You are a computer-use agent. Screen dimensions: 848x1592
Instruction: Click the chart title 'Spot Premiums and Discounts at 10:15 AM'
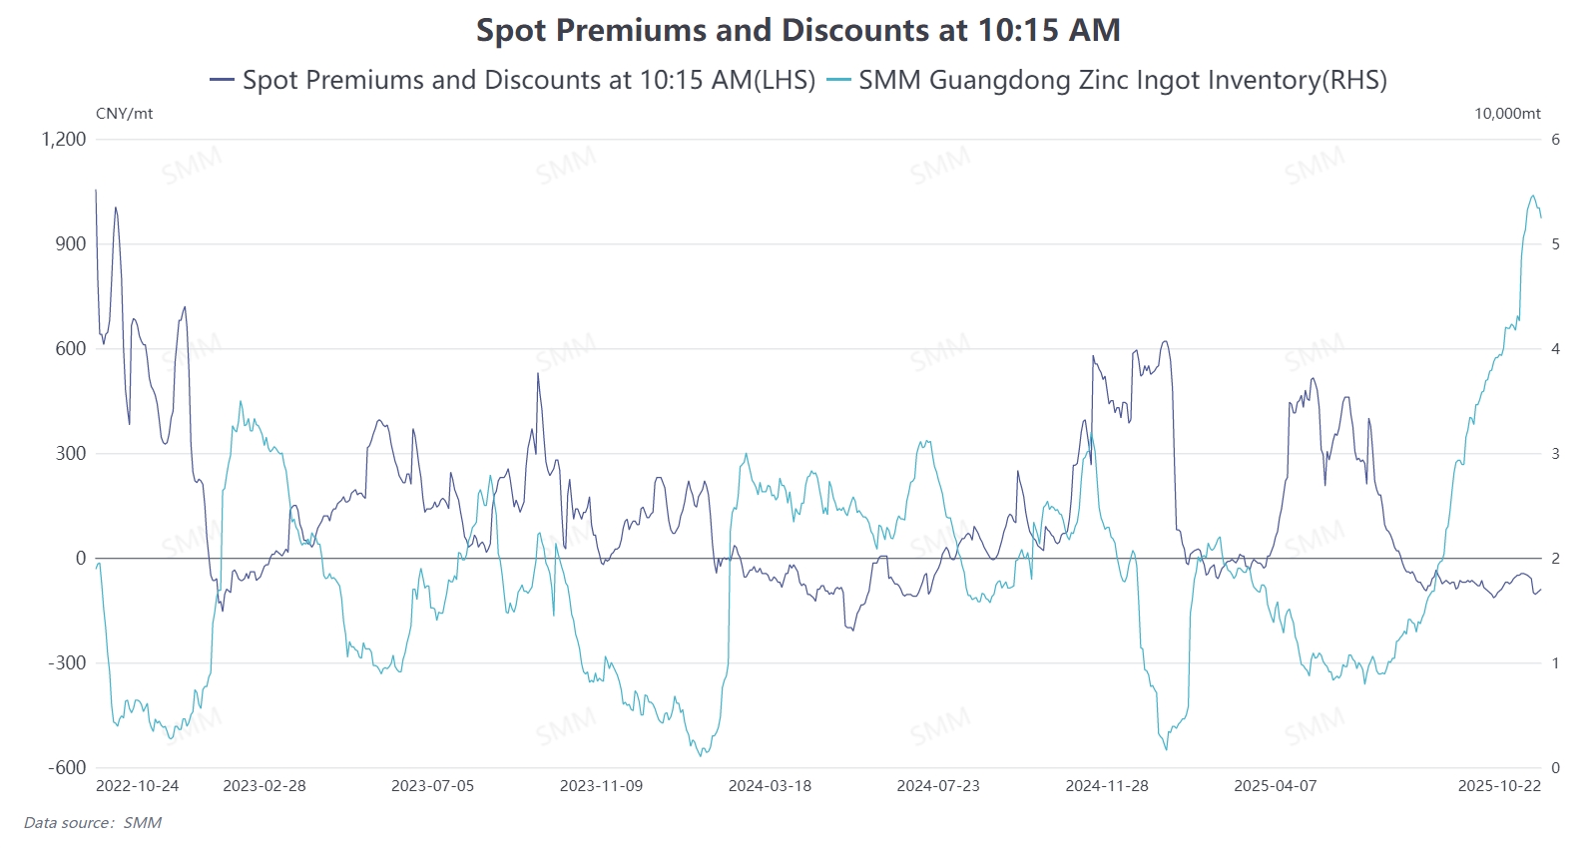tap(797, 30)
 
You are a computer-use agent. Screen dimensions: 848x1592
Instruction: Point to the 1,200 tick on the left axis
tap(64, 140)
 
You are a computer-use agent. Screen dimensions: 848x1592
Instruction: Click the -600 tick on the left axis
tap(67, 767)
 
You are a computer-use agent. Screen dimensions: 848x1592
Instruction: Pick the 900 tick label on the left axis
tap(71, 244)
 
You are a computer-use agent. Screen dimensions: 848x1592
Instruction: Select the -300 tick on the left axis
tap(67, 662)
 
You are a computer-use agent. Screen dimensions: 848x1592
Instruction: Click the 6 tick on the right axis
tap(1555, 140)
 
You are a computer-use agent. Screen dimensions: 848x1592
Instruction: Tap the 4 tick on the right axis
tap(1555, 349)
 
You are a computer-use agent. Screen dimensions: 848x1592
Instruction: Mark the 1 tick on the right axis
tap(1555, 662)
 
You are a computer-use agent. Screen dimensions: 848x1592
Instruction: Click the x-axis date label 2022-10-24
tap(137, 786)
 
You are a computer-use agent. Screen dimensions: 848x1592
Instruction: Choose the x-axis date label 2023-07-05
tap(432, 786)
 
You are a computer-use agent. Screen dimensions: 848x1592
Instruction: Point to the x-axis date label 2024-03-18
tap(770, 786)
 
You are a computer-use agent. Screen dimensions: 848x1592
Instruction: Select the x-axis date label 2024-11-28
tap(1106, 786)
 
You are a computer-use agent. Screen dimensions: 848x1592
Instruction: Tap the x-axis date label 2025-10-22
tap(1499, 786)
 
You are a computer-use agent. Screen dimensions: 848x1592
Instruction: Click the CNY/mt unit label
tap(124, 114)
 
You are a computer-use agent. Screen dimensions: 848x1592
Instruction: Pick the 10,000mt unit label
tap(1507, 114)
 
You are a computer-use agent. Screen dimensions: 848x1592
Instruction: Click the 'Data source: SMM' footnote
tap(93, 823)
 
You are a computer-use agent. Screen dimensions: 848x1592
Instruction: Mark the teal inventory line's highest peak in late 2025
tap(1533, 196)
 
